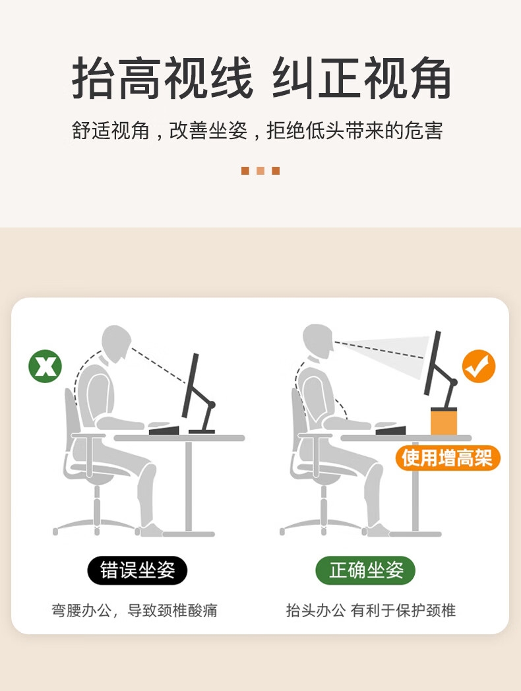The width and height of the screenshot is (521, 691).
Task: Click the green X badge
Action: [x=45, y=366]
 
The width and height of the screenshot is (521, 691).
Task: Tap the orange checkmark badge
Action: [x=479, y=366]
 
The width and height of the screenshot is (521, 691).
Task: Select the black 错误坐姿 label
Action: [x=138, y=570]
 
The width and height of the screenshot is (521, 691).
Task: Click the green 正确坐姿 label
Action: [x=365, y=570]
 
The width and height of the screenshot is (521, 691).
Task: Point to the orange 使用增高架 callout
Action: [x=447, y=458]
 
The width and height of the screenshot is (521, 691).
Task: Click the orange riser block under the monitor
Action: [x=443, y=421]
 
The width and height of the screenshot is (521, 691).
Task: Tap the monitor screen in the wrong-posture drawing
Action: [x=191, y=385]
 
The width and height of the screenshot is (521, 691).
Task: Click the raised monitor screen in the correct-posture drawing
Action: [x=432, y=363]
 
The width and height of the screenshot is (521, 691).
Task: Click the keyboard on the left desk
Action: [x=164, y=430]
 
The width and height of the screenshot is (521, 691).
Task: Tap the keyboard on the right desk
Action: [x=390, y=430]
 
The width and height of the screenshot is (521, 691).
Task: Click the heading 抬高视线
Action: [x=163, y=78]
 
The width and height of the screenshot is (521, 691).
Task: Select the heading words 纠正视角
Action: [x=361, y=78]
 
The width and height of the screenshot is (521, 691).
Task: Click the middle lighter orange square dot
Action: [x=260, y=171]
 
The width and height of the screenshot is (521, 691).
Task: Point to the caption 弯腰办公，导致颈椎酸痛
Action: [x=135, y=611]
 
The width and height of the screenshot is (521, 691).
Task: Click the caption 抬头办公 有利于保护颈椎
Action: [x=371, y=611]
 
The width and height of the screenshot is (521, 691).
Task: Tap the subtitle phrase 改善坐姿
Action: [x=208, y=131]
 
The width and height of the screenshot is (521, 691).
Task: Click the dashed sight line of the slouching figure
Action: [x=159, y=365]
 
